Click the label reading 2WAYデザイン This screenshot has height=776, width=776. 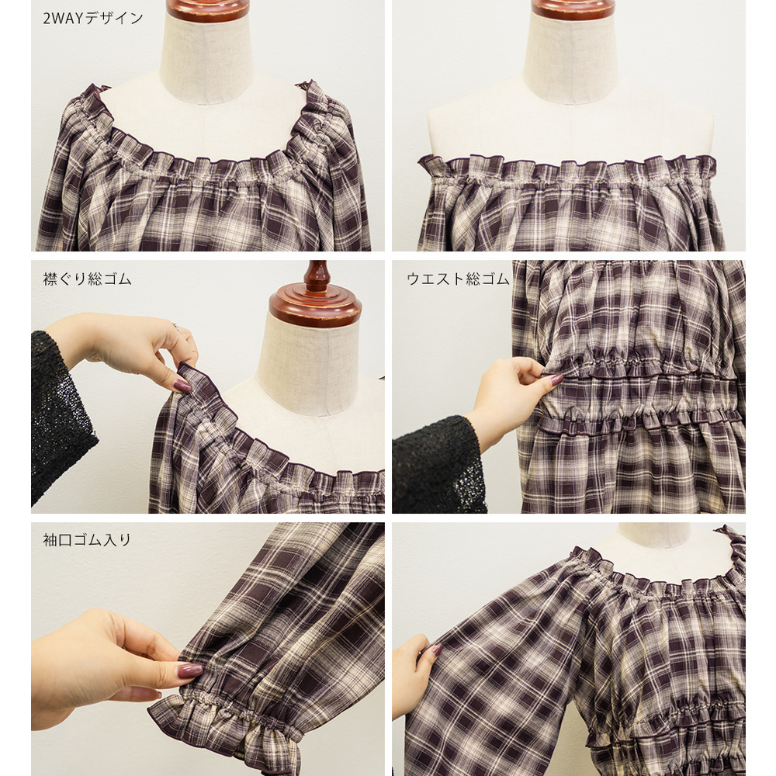92,19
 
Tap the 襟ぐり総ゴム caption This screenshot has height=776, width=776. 87,279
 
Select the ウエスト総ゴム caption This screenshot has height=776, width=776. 458,279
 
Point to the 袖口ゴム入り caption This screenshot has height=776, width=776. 87,539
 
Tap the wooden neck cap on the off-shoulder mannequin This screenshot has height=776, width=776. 573,9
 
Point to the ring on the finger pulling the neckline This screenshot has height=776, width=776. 175,326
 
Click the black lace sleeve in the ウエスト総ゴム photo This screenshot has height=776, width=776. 438,465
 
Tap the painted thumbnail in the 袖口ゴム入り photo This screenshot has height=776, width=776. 190,670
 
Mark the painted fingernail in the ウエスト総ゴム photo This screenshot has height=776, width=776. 556,379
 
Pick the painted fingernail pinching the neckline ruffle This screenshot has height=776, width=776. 182,386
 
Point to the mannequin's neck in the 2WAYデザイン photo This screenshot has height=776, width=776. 206,60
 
